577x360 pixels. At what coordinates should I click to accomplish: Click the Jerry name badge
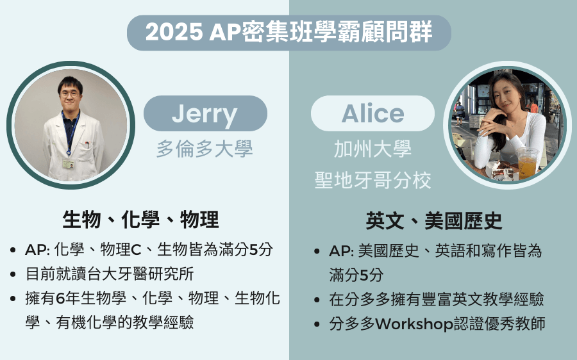click(x=205, y=113)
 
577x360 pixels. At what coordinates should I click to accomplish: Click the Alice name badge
click(x=372, y=113)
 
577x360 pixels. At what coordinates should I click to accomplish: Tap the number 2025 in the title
click(x=174, y=32)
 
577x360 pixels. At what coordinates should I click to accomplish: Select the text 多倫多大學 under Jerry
click(x=205, y=149)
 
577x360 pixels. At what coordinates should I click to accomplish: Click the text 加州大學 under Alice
click(x=372, y=149)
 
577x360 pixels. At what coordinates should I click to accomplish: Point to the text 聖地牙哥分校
click(x=372, y=181)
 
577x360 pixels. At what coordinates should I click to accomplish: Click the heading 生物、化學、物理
click(x=140, y=220)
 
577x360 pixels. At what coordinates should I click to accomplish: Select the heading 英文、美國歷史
click(x=434, y=220)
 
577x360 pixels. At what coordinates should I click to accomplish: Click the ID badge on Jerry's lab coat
click(x=68, y=164)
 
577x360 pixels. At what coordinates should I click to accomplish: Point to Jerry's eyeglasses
click(x=69, y=94)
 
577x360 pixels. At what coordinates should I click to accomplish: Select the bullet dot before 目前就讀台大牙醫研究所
click(x=13, y=274)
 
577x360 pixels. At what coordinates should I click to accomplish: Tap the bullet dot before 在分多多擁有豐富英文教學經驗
click(x=317, y=300)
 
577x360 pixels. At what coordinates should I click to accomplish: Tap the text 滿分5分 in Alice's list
click(x=356, y=275)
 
